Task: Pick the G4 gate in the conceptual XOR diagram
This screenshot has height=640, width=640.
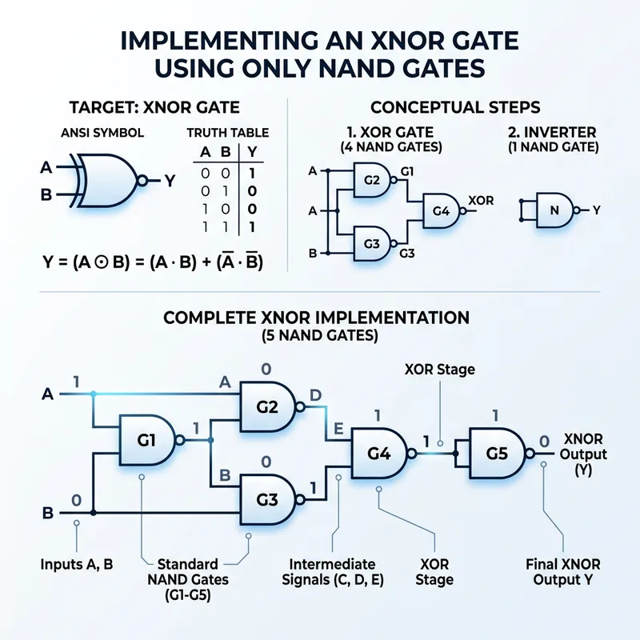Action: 441,210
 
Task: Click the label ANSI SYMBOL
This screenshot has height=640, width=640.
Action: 96,133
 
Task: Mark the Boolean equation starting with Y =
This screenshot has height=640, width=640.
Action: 152,262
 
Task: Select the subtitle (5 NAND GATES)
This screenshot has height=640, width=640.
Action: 320,337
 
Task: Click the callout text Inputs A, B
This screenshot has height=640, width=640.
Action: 77,564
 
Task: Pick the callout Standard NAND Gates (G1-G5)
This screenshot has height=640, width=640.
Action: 190,578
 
